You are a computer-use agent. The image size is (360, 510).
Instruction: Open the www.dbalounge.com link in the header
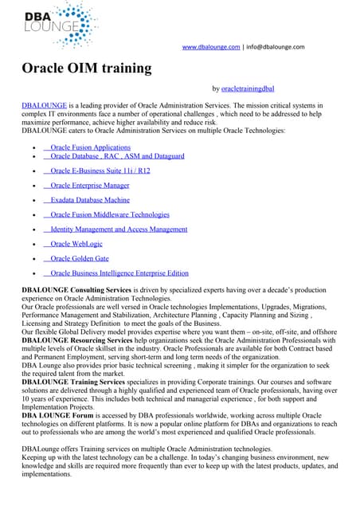211,47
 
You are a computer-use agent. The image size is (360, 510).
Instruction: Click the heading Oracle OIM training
86,68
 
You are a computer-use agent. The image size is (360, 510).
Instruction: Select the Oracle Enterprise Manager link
90,185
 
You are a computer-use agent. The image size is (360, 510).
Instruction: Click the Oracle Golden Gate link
80,259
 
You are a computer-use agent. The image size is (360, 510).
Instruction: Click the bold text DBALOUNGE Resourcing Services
77,340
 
